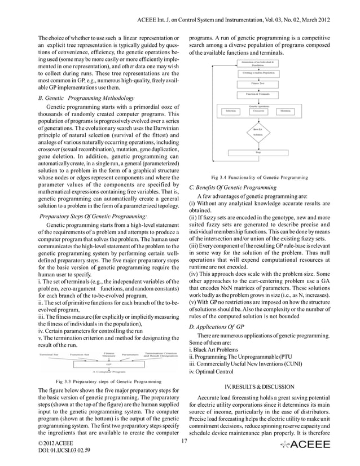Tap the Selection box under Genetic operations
pos(214,111)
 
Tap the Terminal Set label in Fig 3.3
pos(50,354)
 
